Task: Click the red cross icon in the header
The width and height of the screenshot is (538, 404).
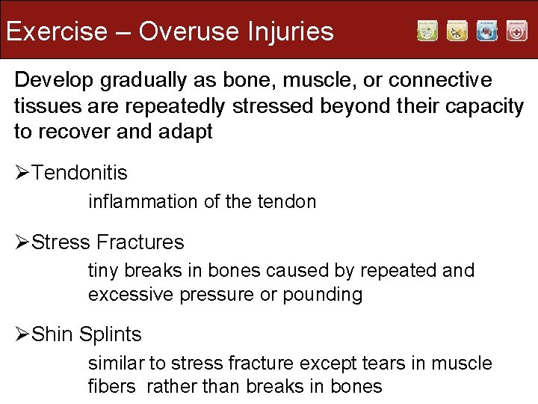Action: pos(516,31)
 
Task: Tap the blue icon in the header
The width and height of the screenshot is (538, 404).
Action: pos(487,31)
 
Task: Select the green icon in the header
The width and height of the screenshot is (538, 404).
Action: pos(427,31)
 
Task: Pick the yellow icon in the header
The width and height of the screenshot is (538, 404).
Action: pos(457,31)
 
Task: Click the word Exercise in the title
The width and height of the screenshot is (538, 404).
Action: pos(57,31)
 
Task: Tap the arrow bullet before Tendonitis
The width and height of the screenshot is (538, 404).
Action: pos(22,174)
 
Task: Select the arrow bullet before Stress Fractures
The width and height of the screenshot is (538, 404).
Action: pos(22,242)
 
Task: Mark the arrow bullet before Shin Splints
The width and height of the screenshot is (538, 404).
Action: pos(22,334)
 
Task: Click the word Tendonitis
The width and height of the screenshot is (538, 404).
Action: pos(81,174)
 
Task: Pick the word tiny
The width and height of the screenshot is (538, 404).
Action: pos(102,270)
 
